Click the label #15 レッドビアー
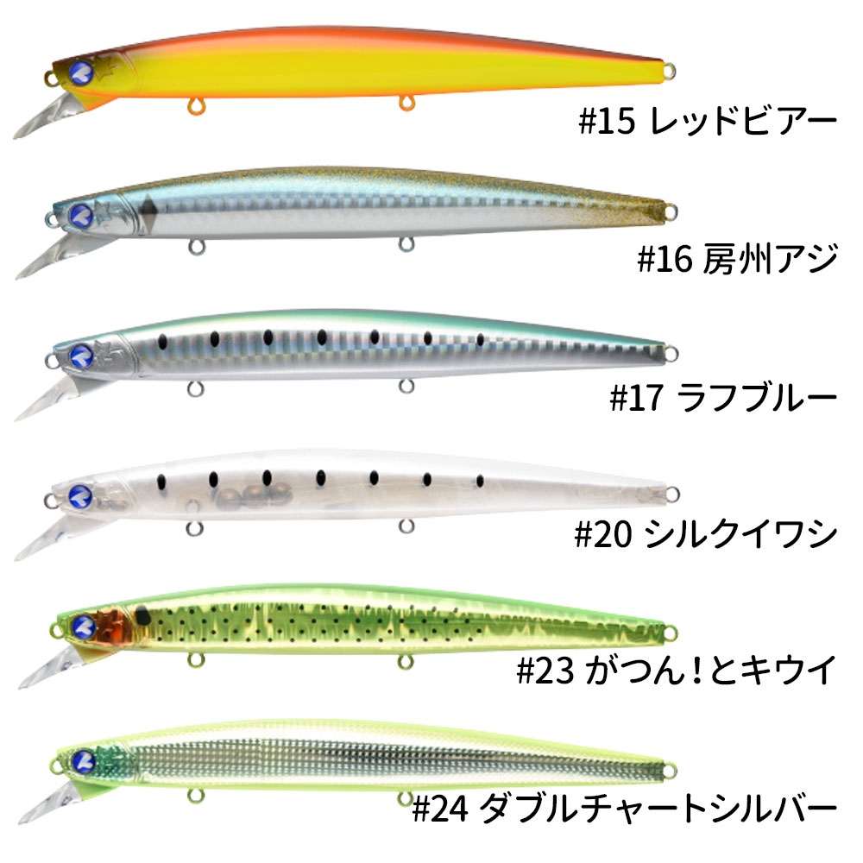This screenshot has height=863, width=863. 708,121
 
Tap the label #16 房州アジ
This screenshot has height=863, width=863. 738,259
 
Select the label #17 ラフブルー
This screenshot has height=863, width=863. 724,397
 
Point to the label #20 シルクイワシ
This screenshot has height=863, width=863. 706,534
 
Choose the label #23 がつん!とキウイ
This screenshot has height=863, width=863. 677,671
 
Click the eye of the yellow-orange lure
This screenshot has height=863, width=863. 81,73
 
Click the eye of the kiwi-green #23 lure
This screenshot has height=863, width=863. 84,627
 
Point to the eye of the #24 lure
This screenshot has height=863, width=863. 84,762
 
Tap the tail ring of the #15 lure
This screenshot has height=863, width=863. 669,72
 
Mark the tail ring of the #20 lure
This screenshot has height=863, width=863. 672,494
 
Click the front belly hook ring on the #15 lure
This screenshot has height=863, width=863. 196,105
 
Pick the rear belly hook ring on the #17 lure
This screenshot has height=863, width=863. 406,386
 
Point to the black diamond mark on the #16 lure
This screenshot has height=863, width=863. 147,210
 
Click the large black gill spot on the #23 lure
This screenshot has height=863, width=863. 142,614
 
